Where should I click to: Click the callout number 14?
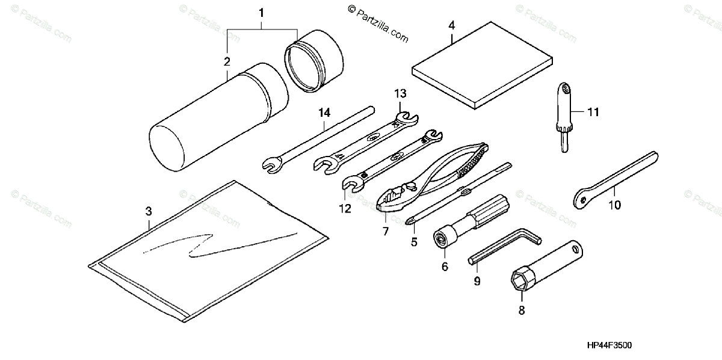[325, 113]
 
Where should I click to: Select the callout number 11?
[594, 112]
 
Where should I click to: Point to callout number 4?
[451, 25]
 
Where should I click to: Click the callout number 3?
[149, 211]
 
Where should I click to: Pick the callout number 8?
[522, 311]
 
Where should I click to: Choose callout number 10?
[614, 205]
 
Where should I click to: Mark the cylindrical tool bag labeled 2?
[217, 117]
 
